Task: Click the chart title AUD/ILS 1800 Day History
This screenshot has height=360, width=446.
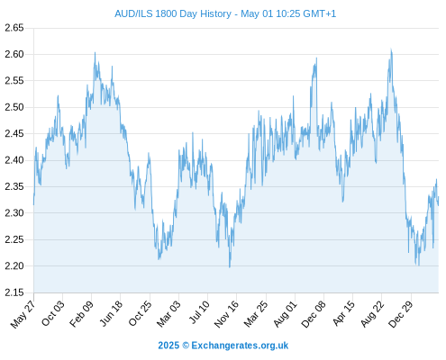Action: pyautogui.click(x=173, y=13)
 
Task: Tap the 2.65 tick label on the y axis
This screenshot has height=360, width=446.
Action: pyautogui.click(x=14, y=28)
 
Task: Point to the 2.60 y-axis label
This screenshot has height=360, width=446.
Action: pyautogui.click(x=14, y=54)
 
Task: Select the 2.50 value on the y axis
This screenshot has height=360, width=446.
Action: pyautogui.click(x=14, y=107)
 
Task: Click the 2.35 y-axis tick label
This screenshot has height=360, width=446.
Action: pyautogui.click(x=14, y=186)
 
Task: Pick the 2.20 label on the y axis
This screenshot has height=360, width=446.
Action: pyautogui.click(x=14, y=266)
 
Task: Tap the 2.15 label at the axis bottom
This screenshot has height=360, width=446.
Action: pyautogui.click(x=14, y=292)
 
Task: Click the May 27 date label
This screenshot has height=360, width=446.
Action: pyautogui.click(x=23, y=314)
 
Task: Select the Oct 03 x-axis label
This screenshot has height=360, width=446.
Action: pyautogui.click(x=52, y=313)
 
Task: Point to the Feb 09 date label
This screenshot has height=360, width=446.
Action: pyautogui.click(x=81, y=314)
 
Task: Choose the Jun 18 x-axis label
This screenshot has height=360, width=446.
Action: pyautogui.click(x=111, y=313)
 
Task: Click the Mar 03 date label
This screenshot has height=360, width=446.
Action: pyautogui.click(x=168, y=314)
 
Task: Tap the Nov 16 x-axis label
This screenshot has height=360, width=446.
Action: pyautogui.click(x=226, y=314)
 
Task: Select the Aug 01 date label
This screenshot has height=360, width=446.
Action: pyautogui.click(x=285, y=314)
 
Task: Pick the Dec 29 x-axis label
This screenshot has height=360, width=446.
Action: pyautogui.click(x=400, y=314)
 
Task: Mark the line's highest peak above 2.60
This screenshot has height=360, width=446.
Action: pyautogui.click(x=391, y=49)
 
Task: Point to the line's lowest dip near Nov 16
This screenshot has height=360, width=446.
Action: pyautogui.click(x=230, y=267)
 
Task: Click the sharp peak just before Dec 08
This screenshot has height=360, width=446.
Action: pyautogui.click(x=316, y=58)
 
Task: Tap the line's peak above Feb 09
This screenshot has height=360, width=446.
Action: pyautogui.click(x=95, y=52)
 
